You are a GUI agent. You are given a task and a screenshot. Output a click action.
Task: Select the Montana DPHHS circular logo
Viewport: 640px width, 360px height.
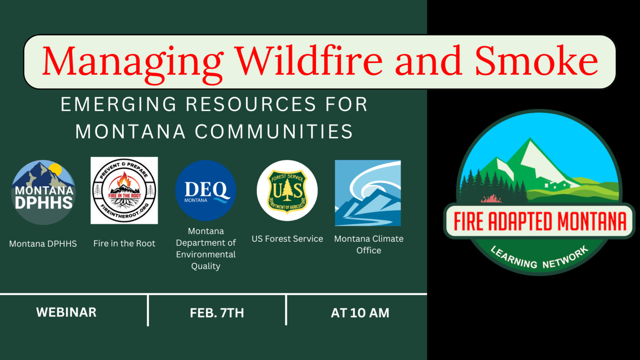pos(43,192)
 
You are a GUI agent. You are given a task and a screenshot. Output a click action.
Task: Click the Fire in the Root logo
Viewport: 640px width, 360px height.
pos(124,190)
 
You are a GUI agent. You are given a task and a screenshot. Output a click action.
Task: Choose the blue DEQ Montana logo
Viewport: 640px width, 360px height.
pos(206,190)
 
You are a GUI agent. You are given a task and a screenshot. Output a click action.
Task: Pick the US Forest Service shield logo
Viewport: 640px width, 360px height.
pos(287,190)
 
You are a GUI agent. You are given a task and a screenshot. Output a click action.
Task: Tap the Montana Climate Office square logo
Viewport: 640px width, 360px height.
pos(368,193)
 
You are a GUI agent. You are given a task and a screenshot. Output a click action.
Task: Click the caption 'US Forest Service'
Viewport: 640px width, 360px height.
pos(287,239)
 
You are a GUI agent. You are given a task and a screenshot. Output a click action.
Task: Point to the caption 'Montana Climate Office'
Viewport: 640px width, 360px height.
pos(369,244)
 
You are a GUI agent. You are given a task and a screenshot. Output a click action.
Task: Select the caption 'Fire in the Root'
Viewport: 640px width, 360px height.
pos(124,243)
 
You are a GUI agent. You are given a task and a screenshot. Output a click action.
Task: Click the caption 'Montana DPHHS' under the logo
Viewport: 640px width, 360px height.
pos(43,244)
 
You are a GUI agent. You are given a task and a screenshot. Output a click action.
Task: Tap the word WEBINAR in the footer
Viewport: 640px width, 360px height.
pos(66,312)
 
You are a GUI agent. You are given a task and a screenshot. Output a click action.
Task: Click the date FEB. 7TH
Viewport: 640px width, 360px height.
pos(217,313)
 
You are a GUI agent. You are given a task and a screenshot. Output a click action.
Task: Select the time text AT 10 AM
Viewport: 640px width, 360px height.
pos(360,313)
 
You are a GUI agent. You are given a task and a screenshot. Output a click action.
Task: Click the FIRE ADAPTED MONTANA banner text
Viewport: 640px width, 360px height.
pos(540,221)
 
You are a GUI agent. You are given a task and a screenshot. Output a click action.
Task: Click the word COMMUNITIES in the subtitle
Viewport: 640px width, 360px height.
pos(274,132)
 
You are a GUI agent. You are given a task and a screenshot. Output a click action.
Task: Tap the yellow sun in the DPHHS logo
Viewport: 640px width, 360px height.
pos(55,169)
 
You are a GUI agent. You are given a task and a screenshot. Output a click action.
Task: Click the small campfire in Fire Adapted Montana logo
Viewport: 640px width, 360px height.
pos(492,198)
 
